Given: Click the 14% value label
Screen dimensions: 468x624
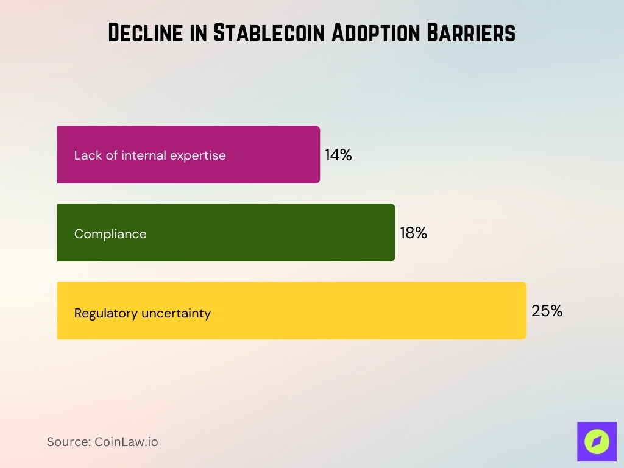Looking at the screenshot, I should click(338, 155).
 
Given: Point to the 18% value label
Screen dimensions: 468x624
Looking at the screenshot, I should click(413, 233).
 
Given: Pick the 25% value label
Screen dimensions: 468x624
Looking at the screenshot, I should click(547, 311).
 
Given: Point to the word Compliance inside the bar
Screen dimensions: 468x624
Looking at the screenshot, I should click(110, 234).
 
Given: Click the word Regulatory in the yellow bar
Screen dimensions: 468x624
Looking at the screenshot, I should click(106, 313).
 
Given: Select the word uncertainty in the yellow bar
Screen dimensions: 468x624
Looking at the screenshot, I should click(176, 313).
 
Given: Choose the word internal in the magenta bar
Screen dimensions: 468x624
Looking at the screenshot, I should click(144, 155).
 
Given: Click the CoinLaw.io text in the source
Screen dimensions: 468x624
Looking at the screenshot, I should click(126, 442).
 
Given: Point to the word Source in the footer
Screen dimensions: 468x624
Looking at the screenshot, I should click(68, 442).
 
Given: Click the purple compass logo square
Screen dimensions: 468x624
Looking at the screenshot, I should click(597, 441).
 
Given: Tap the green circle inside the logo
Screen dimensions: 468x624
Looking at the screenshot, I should click(597, 441).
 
